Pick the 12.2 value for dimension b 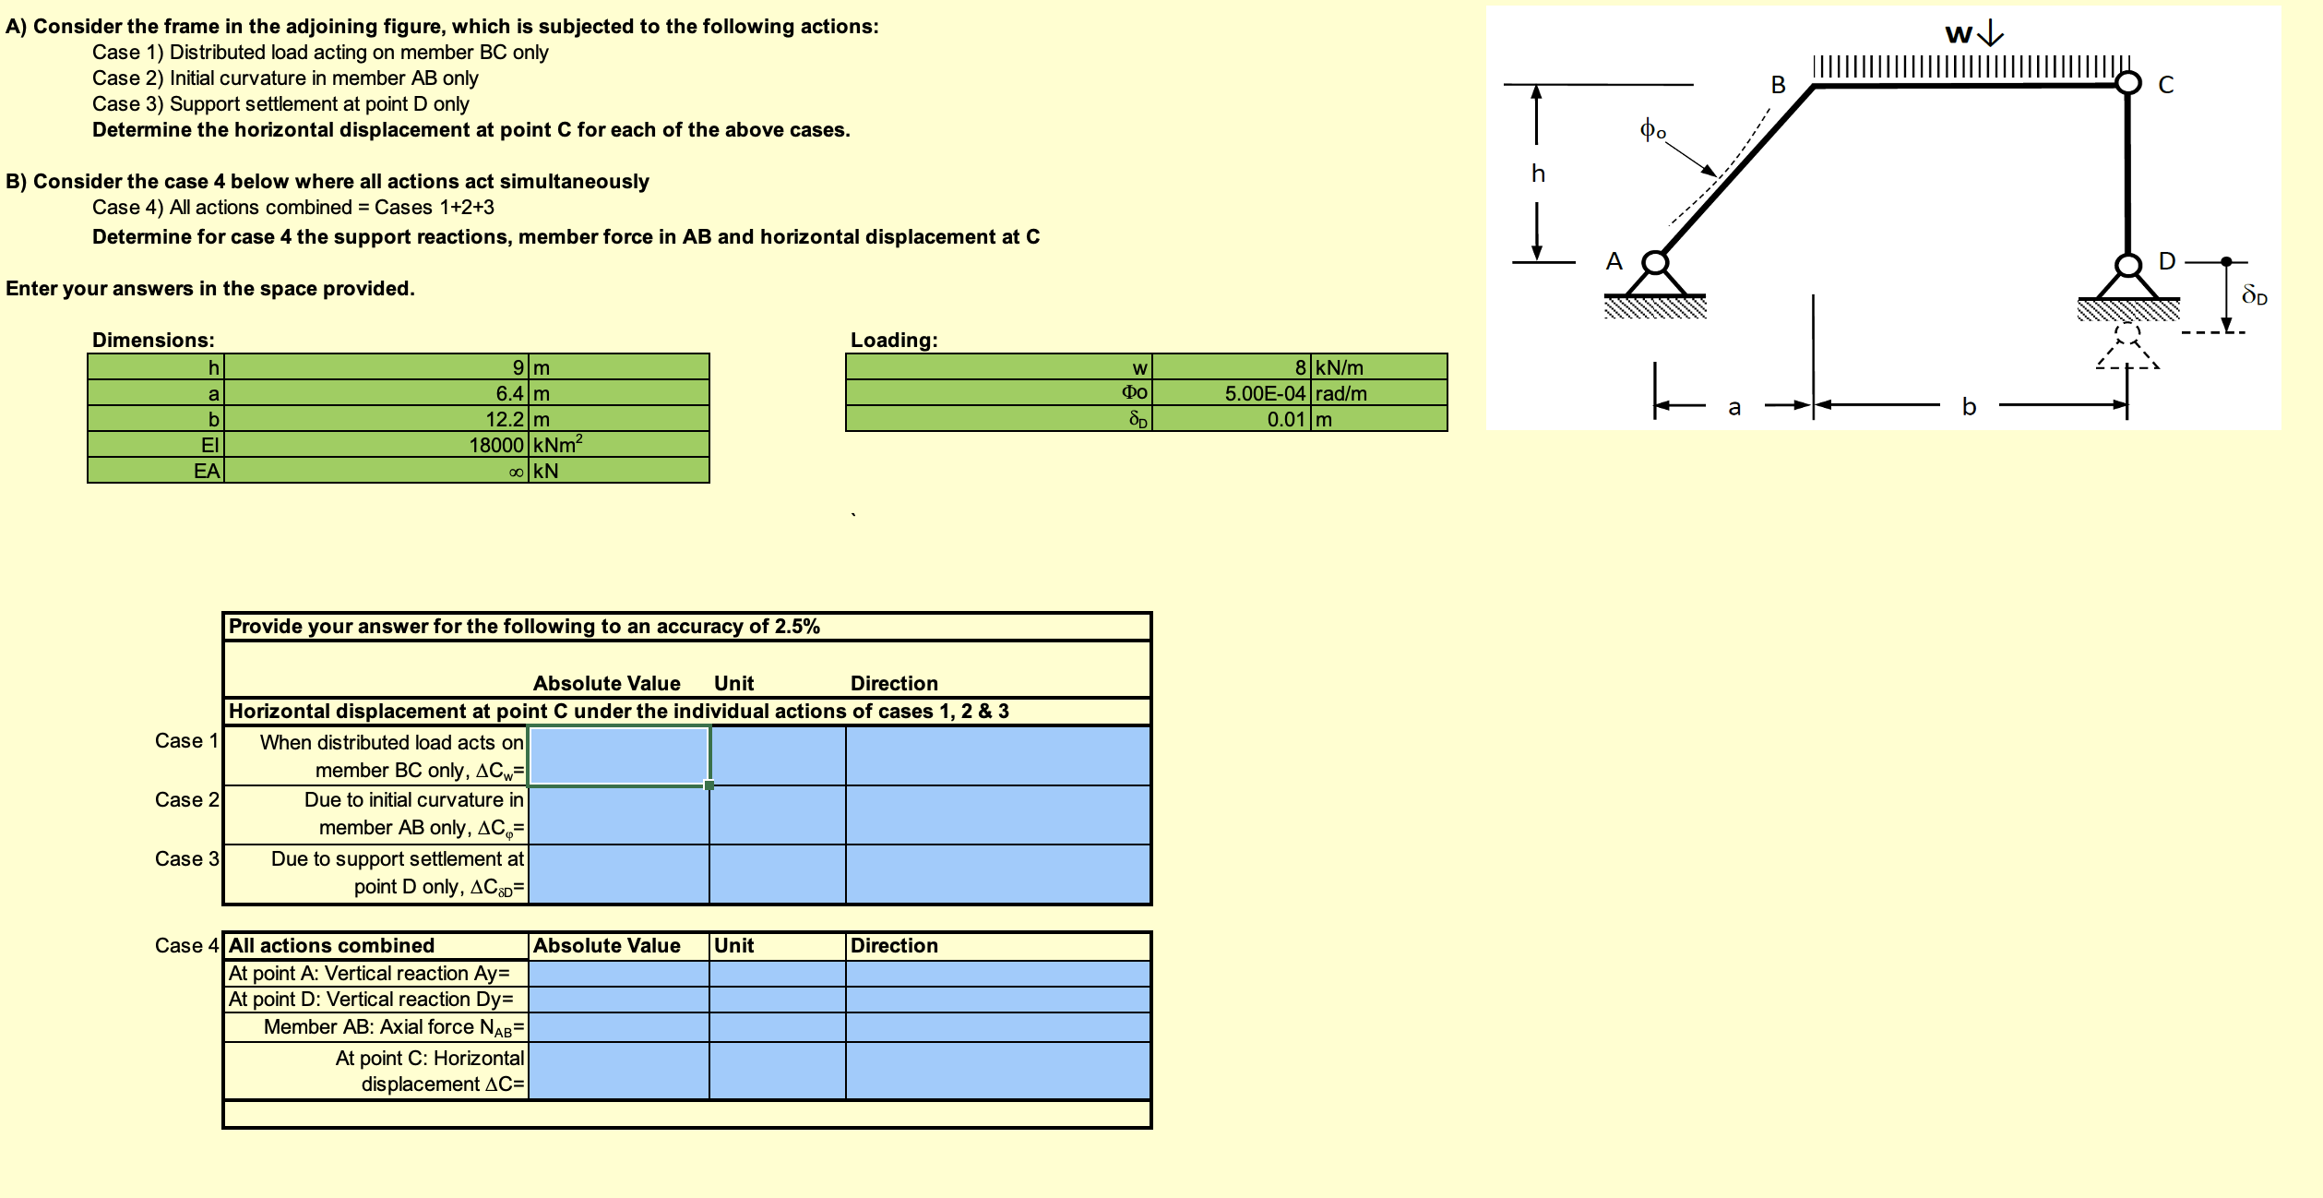(x=506, y=419)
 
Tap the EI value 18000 (x=497, y=445)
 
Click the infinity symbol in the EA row (x=518, y=472)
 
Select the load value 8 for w (x=1301, y=367)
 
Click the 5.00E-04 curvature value (x=1265, y=393)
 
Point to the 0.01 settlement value (x=1286, y=419)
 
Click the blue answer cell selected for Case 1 (x=619, y=756)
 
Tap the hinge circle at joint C (x=2127, y=84)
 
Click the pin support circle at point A (x=1656, y=263)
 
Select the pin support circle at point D (x=2127, y=266)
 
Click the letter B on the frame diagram (x=1779, y=85)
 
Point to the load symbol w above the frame (x=1959, y=35)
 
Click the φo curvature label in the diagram (x=1652, y=129)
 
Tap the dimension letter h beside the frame (x=1538, y=174)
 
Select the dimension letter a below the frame (x=1734, y=407)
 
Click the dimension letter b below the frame (x=1969, y=406)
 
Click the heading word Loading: (x=894, y=340)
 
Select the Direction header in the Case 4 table (x=894, y=945)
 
